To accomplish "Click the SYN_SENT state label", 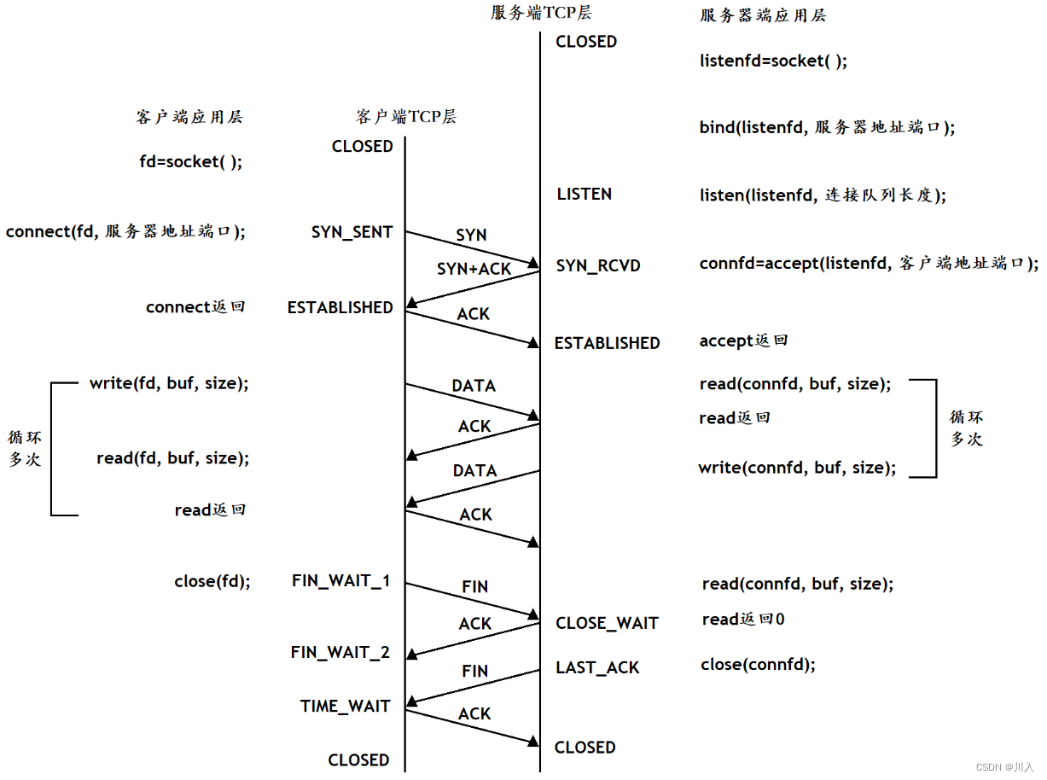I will click(x=352, y=232).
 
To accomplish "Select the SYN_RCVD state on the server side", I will click(x=597, y=266).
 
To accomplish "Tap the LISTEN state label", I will click(x=584, y=195).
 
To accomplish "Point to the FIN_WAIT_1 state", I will click(x=340, y=581).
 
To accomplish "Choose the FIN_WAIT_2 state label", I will click(x=340, y=653).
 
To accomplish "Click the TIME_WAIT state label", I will click(x=345, y=707).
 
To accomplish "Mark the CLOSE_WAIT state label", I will click(x=607, y=623).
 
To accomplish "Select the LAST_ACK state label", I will click(x=597, y=667).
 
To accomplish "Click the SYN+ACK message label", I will click(x=474, y=269).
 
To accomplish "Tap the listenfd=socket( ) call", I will click(x=773, y=61).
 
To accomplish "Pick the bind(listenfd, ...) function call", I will click(x=826, y=127).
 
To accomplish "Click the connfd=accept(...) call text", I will click(x=868, y=264).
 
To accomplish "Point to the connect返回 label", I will click(x=195, y=307).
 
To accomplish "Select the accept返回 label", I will click(x=743, y=341).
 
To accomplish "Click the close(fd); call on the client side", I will click(x=212, y=581).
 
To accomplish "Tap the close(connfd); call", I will click(x=758, y=664).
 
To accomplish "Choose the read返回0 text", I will click(x=742, y=620).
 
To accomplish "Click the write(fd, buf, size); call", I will click(x=169, y=384).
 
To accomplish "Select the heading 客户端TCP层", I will click(x=405, y=117).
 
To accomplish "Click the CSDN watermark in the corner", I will click(x=1004, y=767).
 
